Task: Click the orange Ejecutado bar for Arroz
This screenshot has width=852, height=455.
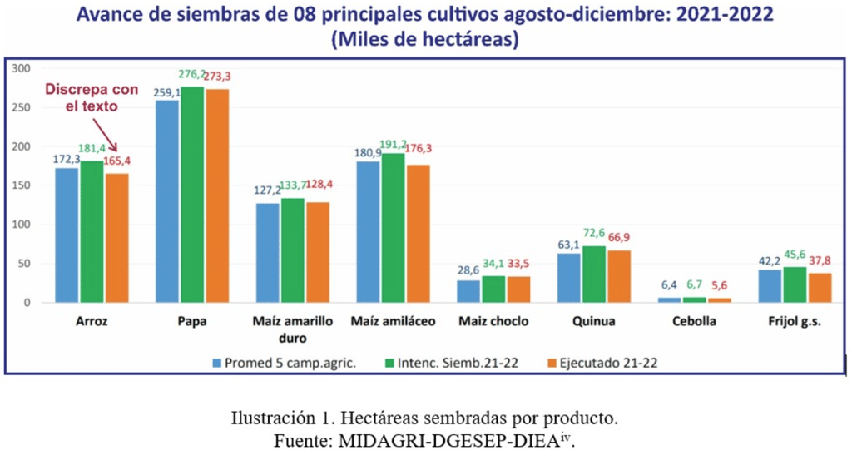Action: click(117, 238)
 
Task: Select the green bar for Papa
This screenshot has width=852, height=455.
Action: click(193, 195)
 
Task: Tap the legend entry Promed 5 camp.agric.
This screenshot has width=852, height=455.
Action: click(283, 362)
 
